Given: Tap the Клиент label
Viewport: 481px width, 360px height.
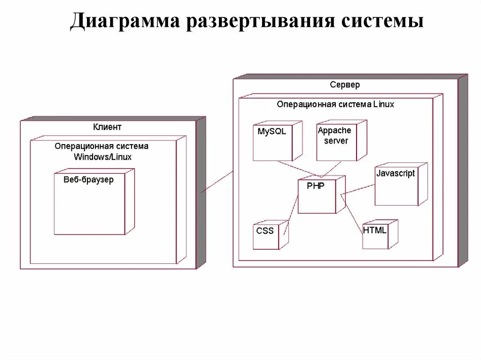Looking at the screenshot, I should click(x=107, y=127).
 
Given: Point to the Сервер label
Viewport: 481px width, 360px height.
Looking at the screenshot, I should click(x=345, y=85).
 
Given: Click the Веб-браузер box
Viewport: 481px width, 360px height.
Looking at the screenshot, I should click(x=89, y=207).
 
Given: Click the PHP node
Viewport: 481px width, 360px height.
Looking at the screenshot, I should click(x=317, y=196).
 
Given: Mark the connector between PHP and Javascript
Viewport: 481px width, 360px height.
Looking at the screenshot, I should click(x=358, y=189).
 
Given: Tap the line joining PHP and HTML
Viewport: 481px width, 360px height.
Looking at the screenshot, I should click(x=352, y=214).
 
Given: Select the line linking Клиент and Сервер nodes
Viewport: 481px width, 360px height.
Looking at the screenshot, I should click(x=217, y=182).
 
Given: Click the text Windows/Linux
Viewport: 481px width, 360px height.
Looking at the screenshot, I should click(x=102, y=157).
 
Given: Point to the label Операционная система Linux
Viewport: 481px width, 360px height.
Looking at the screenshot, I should click(x=335, y=104).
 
